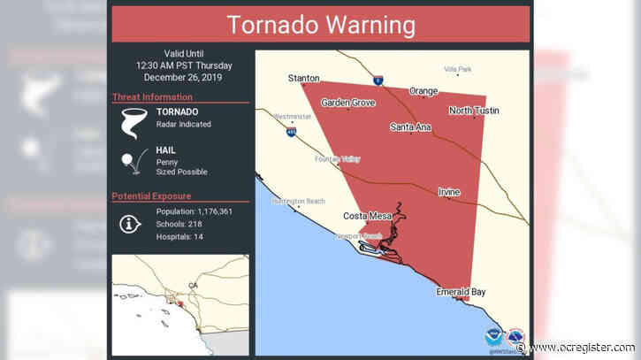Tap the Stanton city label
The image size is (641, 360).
(x=303, y=79)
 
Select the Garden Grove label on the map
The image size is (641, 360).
(x=348, y=103)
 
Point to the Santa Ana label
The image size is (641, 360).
(x=410, y=127)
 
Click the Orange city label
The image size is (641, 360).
(x=423, y=91)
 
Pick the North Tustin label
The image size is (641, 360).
(x=473, y=111)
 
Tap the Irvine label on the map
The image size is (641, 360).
(x=448, y=192)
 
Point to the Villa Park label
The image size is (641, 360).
(x=458, y=68)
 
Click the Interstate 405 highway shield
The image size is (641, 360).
(x=291, y=132)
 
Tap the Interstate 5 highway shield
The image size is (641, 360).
(x=378, y=80)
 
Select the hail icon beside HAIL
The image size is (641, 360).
(x=133, y=162)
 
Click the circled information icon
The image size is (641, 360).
(x=132, y=225)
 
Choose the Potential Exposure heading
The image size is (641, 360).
(x=152, y=195)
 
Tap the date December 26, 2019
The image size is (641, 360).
(x=181, y=77)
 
